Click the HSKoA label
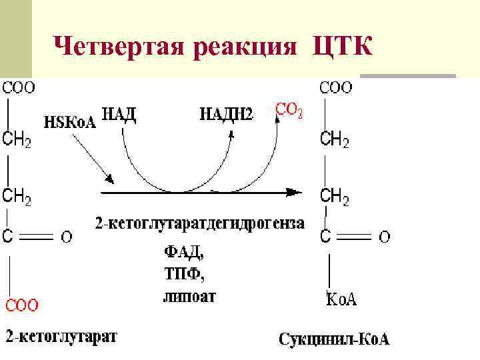pyautogui.click(x=70, y=121)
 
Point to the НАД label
pyautogui.click(x=119, y=114)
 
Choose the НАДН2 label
pyautogui.click(x=227, y=115)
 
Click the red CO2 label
pyautogui.click(x=289, y=111)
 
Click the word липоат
pyautogui.click(x=190, y=295)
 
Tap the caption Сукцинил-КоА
pyautogui.click(x=334, y=339)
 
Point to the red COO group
pyautogui.click(x=23, y=305)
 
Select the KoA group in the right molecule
pyautogui.click(x=341, y=299)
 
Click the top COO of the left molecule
pyautogui.click(x=20, y=87)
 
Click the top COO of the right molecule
pyautogui.click(x=337, y=87)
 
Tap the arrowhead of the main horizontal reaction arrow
pyautogui.click(x=293, y=193)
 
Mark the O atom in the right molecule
pyautogui.click(x=385, y=236)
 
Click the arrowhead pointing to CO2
pyautogui.click(x=277, y=117)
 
